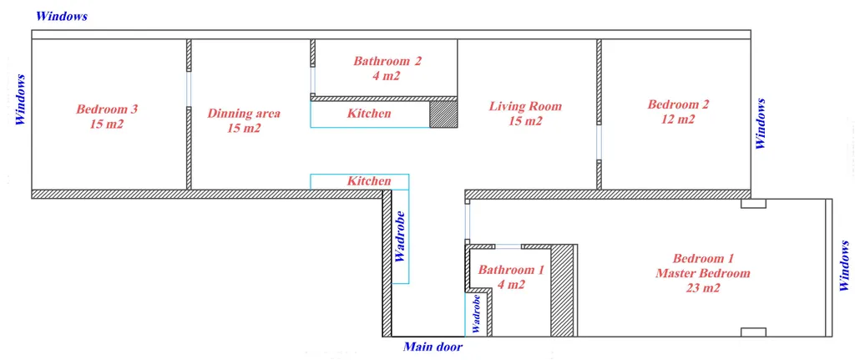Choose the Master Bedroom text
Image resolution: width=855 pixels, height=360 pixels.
(x=703, y=273)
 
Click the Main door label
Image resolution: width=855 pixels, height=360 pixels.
(x=433, y=347)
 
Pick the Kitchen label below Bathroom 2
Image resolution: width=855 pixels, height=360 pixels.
(x=369, y=114)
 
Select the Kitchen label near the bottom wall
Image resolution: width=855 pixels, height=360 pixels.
(x=369, y=181)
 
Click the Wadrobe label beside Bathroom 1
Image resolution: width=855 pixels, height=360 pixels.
(x=477, y=314)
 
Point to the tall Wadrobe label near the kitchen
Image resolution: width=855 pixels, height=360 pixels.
(x=400, y=236)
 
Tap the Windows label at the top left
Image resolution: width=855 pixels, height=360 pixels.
(x=62, y=17)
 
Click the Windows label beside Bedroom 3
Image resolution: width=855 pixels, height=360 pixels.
(x=21, y=100)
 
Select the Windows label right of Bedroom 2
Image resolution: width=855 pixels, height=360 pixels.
(x=761, y=124)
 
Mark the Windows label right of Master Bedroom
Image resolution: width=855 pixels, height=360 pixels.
(x=844, y=266)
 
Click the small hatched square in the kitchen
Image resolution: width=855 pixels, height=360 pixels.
(x=443, y=114)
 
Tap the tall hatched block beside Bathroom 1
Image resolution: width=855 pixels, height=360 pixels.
(x=562, y=290)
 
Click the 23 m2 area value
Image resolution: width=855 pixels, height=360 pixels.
(x=703, y=287)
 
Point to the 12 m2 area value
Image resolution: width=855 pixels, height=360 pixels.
(x=678, y=119)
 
